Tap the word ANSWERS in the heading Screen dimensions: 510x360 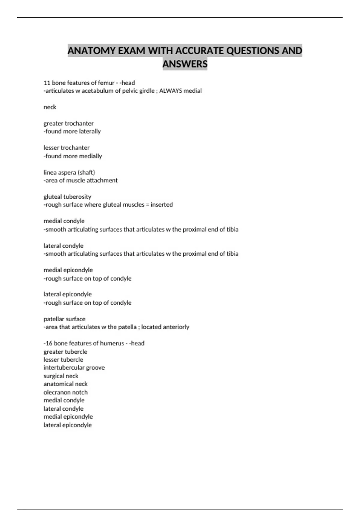[x=185, y=64]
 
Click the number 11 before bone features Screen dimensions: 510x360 [x=47, y=83]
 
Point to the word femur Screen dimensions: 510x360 [x=106, y=83]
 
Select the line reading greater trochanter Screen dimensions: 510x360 [x=68, y=123]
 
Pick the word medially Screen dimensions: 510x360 [x=90, y=156]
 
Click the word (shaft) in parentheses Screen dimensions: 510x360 [x=86, y=172]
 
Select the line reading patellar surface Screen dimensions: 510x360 [x=64, y=319]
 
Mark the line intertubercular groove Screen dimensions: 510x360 [x=74, y=367]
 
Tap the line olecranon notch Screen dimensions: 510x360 [x=66, y=392]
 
